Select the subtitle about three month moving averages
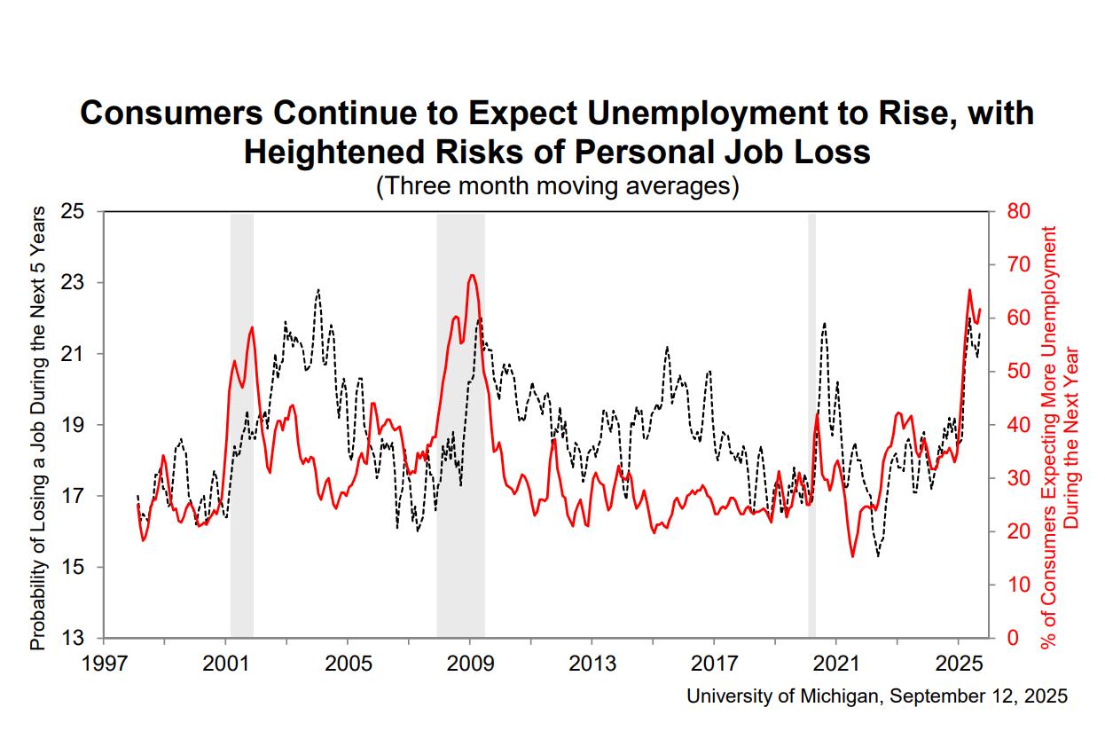557,186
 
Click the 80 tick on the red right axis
1016,212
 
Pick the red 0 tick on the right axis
1011,638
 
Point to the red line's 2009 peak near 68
473,275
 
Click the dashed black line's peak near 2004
318,289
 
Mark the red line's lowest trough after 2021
852,557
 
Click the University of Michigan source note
877,696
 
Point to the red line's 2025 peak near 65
969,290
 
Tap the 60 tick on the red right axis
1016,318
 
